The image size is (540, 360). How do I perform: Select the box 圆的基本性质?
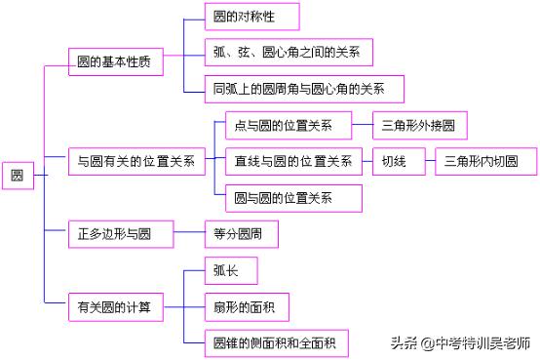click(x=114, y=61)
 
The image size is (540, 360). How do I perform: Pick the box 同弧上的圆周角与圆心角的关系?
click(x=306, y=88)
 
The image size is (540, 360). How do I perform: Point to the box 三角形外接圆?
click(x=424, y=125)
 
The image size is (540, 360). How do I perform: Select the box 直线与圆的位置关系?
click(x=292, y=160)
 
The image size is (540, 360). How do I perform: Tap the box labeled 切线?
click(x=396, y=160)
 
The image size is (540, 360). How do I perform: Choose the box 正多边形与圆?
click(x=120, y=234)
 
